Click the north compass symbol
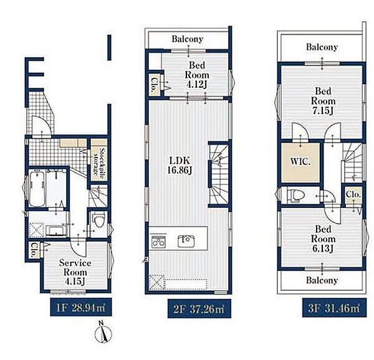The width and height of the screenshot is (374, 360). coord(103,332)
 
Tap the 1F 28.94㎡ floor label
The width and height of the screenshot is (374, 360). coord(80,308)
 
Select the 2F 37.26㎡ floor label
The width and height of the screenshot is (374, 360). coord(199,309)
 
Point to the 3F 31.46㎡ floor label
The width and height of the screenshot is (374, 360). coord(334,308)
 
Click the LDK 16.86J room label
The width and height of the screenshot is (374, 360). coord(180,165)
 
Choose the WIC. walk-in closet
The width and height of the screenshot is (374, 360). coord(300,162)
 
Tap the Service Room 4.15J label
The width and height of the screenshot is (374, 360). coord(75,272)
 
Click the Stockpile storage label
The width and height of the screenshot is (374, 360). coord(99,161)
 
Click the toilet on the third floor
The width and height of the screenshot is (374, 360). coord(295,196)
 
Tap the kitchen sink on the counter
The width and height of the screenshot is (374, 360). coord(186,240)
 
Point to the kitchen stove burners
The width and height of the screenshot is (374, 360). coord(158,242)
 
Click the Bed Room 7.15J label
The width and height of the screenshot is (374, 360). coord(323,101)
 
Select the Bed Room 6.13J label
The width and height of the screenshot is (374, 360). coord(323,239)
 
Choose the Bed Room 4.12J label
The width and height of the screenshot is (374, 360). coord(197,75)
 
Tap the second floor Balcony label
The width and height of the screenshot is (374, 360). coord(188,39)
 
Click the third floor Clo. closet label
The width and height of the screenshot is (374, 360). coord(353,194)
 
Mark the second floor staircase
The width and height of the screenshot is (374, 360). coord(219,174)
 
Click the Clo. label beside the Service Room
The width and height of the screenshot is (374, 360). coord(34,250)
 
